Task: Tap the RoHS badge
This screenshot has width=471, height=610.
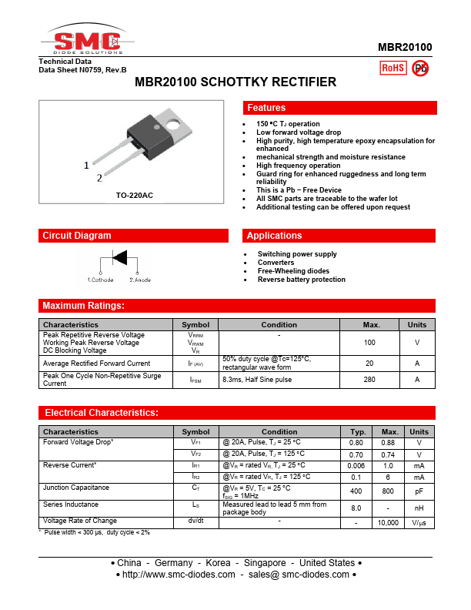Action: (x=393, y=68)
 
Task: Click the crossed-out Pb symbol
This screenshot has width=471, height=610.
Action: (x=420, y=68)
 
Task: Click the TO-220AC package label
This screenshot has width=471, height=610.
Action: (x=135, y=196)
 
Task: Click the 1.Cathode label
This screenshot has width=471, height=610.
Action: (x=100, y=280)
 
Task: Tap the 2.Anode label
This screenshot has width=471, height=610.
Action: (x=140, y=280)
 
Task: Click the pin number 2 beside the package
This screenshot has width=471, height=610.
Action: (x=99, y=179)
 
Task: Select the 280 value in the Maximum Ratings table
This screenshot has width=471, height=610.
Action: (x=369, y=380)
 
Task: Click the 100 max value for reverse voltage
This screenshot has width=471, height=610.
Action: (x=369, y=343)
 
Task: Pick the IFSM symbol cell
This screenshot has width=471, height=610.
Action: (x=195, y=380)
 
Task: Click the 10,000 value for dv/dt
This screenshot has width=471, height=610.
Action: (x=389, y=523)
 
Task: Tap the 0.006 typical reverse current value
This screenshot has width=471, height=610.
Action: (x=356, y=465)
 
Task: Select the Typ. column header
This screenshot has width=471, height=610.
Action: (x=357, y=432)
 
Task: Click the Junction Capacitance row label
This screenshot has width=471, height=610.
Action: (x=76, y=488)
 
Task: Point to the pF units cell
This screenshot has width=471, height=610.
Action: (x=419, y=491)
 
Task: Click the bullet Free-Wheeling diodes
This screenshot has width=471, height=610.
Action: (x=293, y=271)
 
